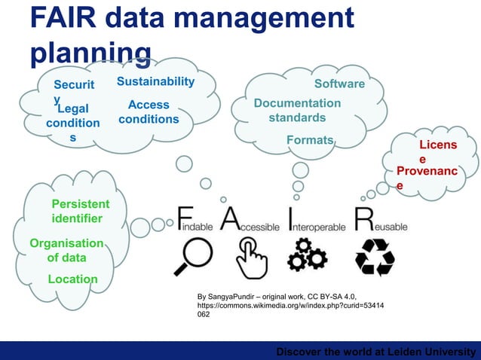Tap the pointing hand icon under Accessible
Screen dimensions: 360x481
(x=251, y=257)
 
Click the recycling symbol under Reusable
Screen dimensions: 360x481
(x=375, y=256)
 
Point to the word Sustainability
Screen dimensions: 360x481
(x=155, y=81)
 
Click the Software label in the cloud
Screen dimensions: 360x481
(x=339, y=84)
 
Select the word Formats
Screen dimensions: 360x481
(x=310, y=140)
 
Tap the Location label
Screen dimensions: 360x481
(x=72, y=279)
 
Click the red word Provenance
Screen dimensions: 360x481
(x=426, y=178)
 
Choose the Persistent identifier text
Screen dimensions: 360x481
(x=80, y=212)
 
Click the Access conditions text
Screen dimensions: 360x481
(x=149, y=112)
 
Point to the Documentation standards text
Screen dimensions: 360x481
(x=297, y=110)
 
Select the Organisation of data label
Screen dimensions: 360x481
(x=66, y=250)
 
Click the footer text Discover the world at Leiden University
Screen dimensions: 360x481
(x=376, y=352)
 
